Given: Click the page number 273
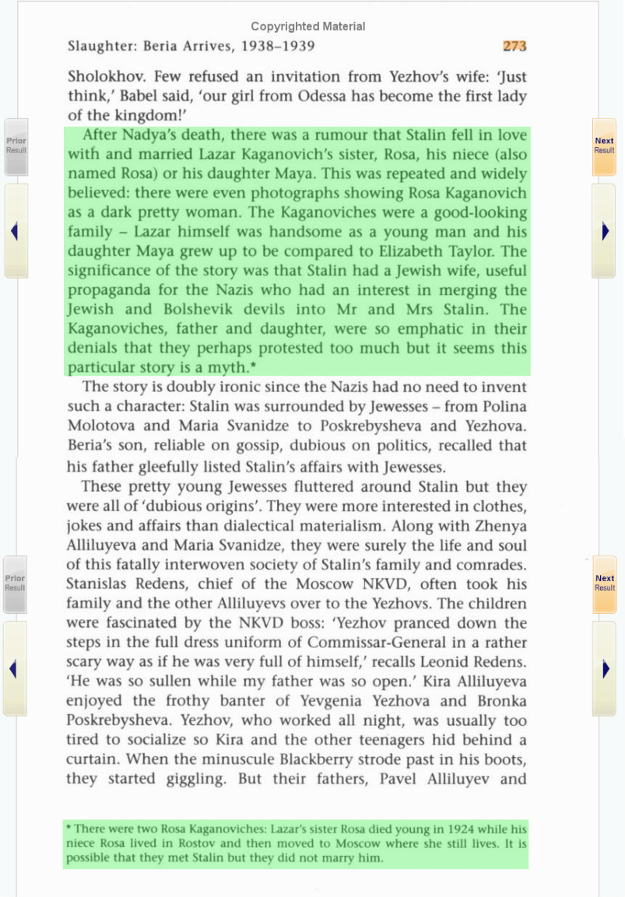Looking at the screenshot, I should point(514,46).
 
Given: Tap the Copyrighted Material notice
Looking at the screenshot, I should point(307,26).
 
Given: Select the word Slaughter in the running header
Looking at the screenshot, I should point(101,47).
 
